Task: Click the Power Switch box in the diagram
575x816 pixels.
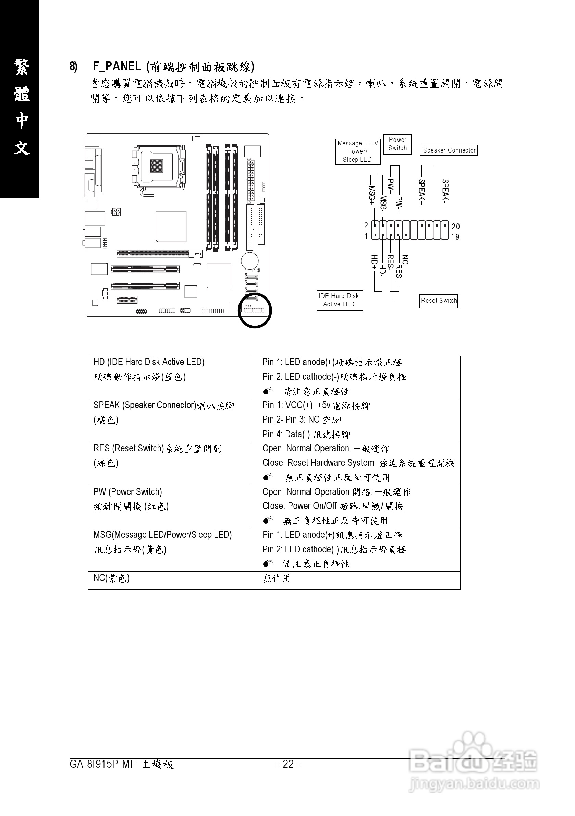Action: tap(397, 144)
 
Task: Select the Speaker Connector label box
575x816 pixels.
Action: tap(449, 150)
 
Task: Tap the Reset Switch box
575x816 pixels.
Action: tap(439, 301)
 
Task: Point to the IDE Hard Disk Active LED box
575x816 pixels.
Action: tap(339, 300)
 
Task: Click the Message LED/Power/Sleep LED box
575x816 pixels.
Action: tap(357, 151)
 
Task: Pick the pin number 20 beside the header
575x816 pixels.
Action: tap(456, 227)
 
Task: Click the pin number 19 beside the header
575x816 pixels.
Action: tap(455, 237)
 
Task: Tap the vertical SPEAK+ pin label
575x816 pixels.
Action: tap(421, 192)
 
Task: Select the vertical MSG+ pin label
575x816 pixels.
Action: tap(372, 195)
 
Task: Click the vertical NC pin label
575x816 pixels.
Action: tap(405, 259)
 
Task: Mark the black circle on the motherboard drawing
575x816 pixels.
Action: tap(255, 310)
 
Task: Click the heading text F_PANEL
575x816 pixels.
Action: tap(117, 66)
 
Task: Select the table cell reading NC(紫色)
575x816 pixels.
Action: tap(111, 578)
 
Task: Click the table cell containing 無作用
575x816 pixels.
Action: tap(277, 578)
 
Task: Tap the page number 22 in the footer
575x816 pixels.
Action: tap(288, 764)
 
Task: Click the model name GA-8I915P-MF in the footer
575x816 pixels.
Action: tap(103, 764)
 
